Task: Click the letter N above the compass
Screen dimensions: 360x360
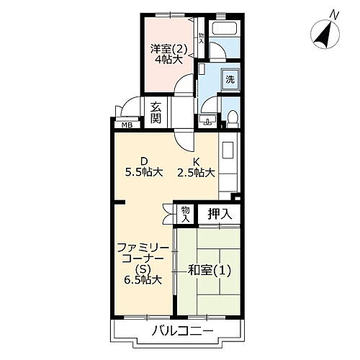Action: pyautogui.click(x=334, y=16)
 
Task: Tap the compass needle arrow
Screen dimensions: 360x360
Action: pyautogui.click(x=325, y=35)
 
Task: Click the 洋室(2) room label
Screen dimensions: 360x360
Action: pyautogui.click(x=168, y=49)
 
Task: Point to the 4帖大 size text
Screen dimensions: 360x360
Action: pyautogui.click(x=168, y=59)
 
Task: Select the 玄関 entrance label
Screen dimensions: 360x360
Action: pyautogui.click(x=156, y=112)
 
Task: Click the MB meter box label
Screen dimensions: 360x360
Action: pyautogui.click(x=127, y=125)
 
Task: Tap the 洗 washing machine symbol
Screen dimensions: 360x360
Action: pyautogui.click(x=230, y=79)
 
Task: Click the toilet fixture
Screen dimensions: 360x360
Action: pyautogui.click(x=232, y=119)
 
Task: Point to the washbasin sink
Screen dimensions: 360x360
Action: pyautogui.click(x=207, y=120)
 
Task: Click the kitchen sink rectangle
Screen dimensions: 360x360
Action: pyautogui.click(x=228, y=150)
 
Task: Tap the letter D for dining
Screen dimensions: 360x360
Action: pyautogui.click(x=143, y=161)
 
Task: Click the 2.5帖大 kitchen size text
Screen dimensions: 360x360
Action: pyautogui.click(x=196, y=172)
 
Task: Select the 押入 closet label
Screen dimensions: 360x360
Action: pyautogui.click(x=220, y=214)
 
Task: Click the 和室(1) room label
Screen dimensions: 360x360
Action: pyautogui.click(x=210, y=271)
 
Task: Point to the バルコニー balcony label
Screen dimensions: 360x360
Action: pyautogui.click(x=183, y=331)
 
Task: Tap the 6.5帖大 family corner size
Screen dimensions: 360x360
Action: pyautogui.click(x=143, y=279)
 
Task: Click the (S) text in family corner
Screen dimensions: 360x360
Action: pyautogui.click(x=143, y=269)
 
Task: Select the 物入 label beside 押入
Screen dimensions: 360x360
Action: pyautogui.click(x=185, y=215)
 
